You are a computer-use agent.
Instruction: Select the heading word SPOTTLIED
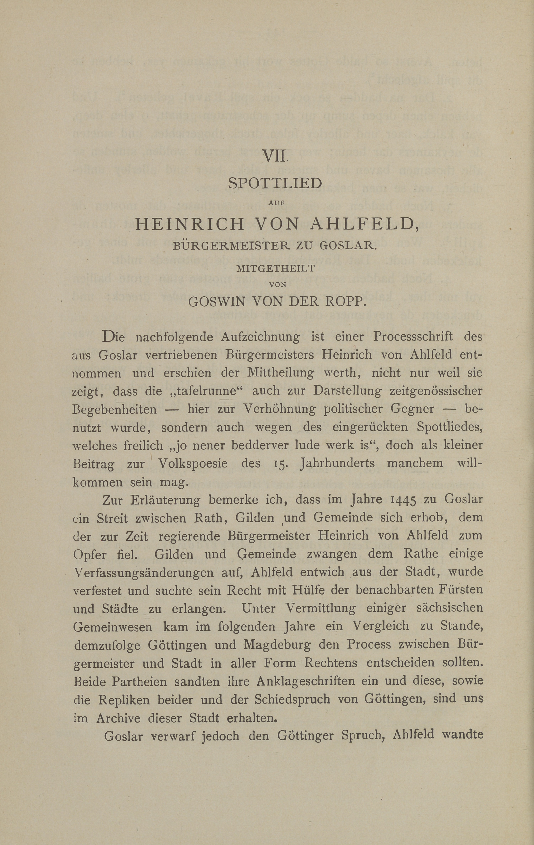(x=275, y=183)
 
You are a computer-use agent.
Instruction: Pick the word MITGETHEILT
(x=276, y=269)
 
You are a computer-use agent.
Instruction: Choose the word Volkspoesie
(x=193, y=464)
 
